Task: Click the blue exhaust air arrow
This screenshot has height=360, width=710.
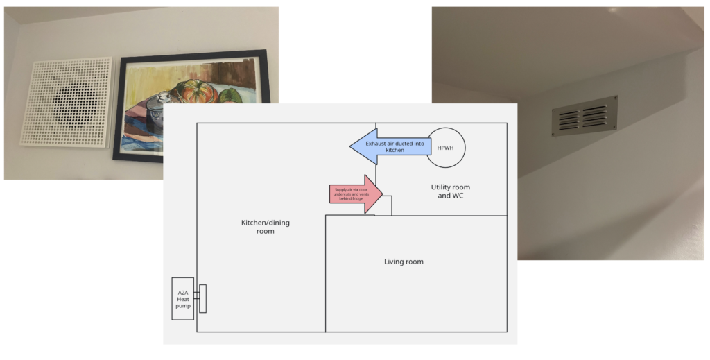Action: click(388, 146)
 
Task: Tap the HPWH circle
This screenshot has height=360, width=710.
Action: click(445, 147)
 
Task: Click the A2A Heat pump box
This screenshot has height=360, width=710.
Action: click(182, 298)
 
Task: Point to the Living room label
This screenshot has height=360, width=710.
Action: click(404, 262)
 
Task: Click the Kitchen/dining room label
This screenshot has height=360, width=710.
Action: click(257, 227)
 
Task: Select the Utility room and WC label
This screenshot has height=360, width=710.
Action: click(454, 191)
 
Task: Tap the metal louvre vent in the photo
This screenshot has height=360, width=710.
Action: click(585, 116)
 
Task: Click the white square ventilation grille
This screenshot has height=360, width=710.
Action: click(66, 102)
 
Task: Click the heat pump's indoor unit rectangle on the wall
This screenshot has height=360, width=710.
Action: click(202, 298)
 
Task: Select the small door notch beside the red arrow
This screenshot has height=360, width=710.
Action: click(385, 205)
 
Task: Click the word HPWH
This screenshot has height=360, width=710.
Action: click(445, 147)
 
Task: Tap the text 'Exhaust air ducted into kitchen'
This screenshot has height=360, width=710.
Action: click(395, 146)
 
